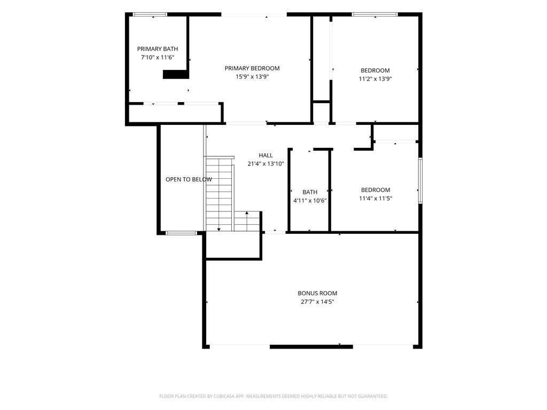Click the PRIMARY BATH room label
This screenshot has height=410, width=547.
(x=158, y=49)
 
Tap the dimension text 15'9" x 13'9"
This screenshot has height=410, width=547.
(x=252, y=77)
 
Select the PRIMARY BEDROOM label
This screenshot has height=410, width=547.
(x=252, y=68)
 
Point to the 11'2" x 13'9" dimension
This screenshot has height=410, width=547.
(x=376, y=79)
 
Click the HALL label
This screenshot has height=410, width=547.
(x=266, y=155)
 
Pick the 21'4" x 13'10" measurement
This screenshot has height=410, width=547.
(x=266, y=163)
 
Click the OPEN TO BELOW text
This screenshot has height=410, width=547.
(x=189, y=179)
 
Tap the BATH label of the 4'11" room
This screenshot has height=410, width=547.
(x=310, y=192)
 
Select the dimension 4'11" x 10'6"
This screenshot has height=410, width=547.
(x=310, y=201)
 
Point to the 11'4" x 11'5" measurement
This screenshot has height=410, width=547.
(x=376, y=199)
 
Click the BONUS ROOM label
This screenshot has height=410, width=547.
(x=317, y=293)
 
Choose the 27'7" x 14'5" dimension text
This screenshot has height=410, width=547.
(x=317, y=302)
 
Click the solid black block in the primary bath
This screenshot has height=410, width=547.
(x=176, y=74)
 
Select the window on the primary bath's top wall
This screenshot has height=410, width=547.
(x=150, y=14)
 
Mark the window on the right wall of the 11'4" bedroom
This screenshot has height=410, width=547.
(x=420, y=180)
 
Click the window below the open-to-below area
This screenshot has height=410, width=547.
(x=182, y=233)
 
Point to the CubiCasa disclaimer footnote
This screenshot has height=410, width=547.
(x=273, y=397)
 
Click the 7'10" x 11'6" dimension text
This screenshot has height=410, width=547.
(x=158, y=57)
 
